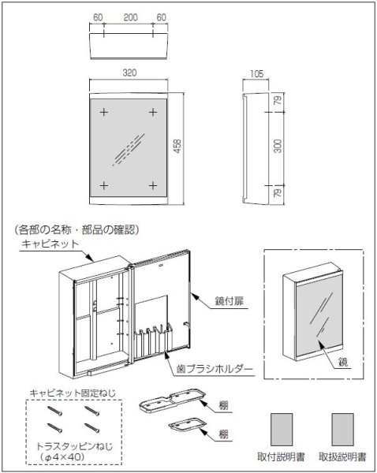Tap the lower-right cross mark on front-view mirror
point(154,185)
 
